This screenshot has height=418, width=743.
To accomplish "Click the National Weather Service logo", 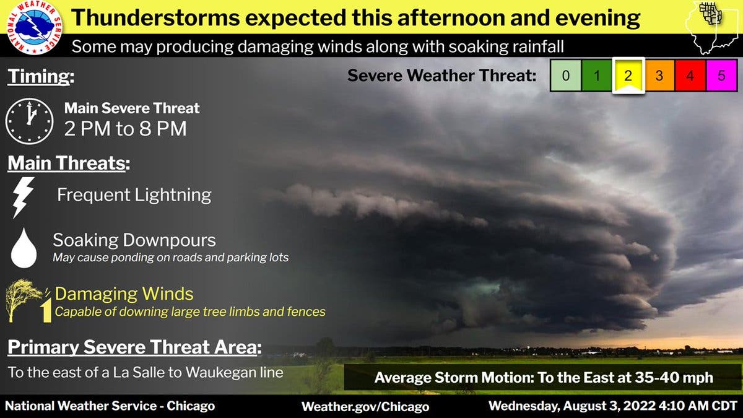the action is [34, 27].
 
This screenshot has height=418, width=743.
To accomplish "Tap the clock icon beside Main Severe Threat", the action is [29, 121].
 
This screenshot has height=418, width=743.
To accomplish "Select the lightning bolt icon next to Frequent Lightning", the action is [22, 198].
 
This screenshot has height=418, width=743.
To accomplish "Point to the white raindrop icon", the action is [24, 248].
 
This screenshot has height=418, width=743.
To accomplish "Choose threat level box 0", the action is [565, 76].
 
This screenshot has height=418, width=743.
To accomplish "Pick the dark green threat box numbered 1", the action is [597, 76].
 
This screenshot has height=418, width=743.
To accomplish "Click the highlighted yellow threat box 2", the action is [628, 76].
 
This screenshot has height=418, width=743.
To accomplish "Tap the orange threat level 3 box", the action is [659, 76].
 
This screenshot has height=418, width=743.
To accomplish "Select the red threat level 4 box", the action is [690, 76].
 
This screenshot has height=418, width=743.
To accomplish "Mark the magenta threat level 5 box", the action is [722, 76].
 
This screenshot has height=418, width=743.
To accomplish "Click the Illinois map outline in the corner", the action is [713, 28].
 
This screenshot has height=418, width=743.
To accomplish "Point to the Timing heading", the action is [41, 76].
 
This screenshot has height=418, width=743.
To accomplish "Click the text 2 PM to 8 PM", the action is [125, 128].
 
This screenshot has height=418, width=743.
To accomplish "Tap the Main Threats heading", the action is [69, 163].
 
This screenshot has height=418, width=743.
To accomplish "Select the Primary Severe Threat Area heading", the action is [135, 347].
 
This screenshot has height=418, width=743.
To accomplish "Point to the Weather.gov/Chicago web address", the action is [365, 407].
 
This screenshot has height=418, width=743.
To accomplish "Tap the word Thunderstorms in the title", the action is [155, 17].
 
